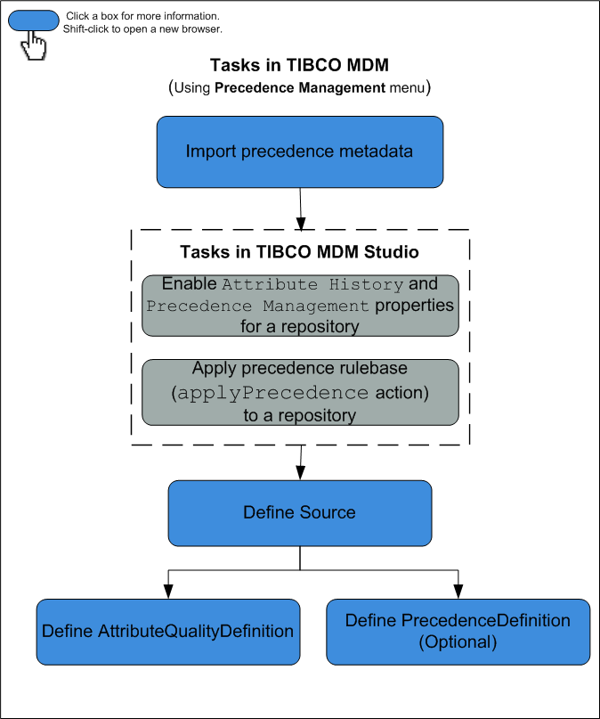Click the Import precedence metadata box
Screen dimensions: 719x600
[300, 151]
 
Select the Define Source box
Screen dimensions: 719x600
[300, 513]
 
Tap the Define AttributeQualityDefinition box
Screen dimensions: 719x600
[168, 632]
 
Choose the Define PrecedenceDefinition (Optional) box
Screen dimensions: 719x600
[458, 632]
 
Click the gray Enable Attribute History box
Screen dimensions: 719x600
[300, 306]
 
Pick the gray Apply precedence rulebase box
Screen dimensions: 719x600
[300, 393]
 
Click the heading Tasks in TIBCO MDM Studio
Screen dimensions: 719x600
[300, 252]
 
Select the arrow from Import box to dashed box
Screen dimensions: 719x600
[301, 208]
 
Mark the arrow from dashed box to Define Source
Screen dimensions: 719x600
[301, 462]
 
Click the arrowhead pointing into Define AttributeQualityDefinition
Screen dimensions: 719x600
[167, 592]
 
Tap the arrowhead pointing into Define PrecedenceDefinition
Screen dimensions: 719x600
[458, 592]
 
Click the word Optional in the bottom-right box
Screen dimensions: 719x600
[458, 641]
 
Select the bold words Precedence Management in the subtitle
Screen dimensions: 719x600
[300, 88]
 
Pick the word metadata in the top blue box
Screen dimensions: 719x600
[377, 151]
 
